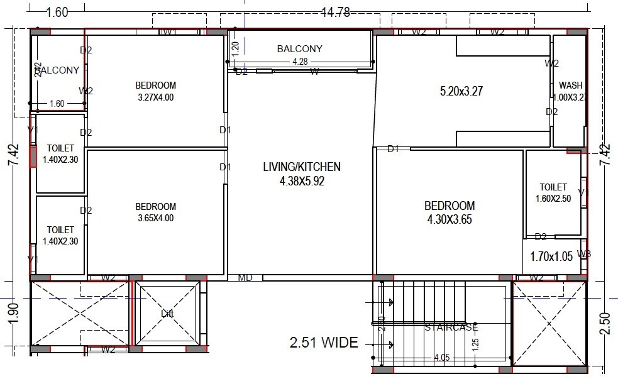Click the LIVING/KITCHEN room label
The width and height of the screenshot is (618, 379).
[x=302, y=167]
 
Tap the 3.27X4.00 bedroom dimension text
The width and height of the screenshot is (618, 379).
[x=155, y=97]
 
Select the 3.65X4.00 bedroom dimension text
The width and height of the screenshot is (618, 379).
[x=155, y=219]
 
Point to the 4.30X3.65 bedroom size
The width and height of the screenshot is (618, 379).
[x=449, y=220]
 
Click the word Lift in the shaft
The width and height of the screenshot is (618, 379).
[x=167, y=313]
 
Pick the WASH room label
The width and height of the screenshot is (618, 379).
[x=570, y=85]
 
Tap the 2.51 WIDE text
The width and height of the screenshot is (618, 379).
[x=324, y=343]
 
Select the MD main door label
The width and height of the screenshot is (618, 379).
[x=245, y=278]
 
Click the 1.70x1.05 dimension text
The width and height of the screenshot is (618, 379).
[x=551, y=256]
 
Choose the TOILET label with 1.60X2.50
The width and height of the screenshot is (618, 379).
[x=553, y=187]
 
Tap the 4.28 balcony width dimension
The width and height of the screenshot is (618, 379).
[x=299, y=62]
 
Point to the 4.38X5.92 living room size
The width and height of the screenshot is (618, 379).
[x=302, y=181]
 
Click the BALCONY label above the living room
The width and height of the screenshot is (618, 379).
[x=299, y=49]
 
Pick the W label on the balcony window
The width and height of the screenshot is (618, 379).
[x=314, y=72]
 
